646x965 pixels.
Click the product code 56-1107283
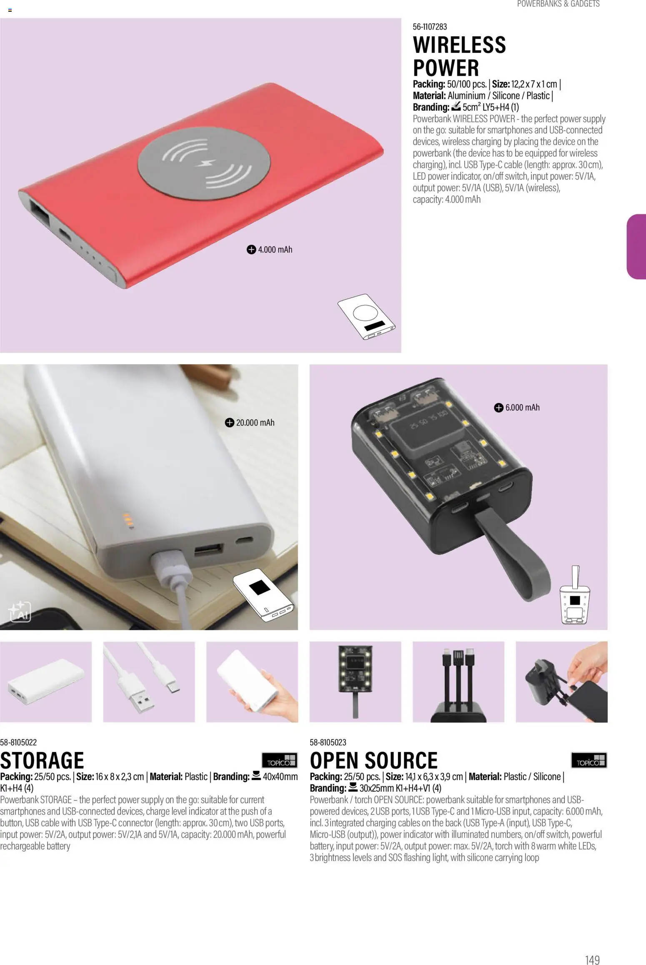pos(430,27)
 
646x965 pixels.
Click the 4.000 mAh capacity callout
pos(270,250)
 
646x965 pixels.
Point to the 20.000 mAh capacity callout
pos(250,423)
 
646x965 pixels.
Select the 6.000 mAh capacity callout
pos(517,408)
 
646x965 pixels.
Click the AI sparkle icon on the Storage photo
pos(20,612)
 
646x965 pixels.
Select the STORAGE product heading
pos(42,760)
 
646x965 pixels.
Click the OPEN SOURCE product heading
pos(374,760)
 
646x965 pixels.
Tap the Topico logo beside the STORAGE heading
pos(279,760)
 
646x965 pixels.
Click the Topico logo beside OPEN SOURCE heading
pos(589,760)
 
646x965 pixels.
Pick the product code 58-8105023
pos(328,742)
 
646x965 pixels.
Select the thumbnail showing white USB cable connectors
pos(149,682)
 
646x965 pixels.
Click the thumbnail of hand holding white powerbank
pos(252,682)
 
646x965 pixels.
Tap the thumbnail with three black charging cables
pos(458,682)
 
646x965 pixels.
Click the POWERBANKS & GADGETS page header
pos(558,4)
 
